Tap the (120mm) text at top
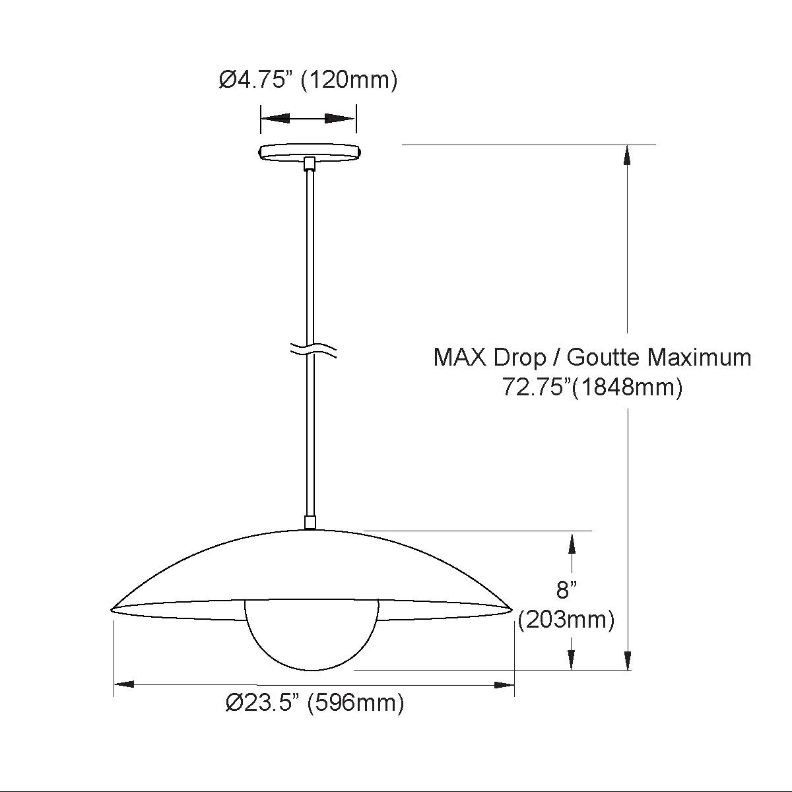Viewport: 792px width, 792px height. pyautogui.click(x=349, y=80)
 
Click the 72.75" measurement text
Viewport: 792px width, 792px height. pyautogui.click(x=537, y=387)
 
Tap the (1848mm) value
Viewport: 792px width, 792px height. pyautogui.click(x=627, y=387)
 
